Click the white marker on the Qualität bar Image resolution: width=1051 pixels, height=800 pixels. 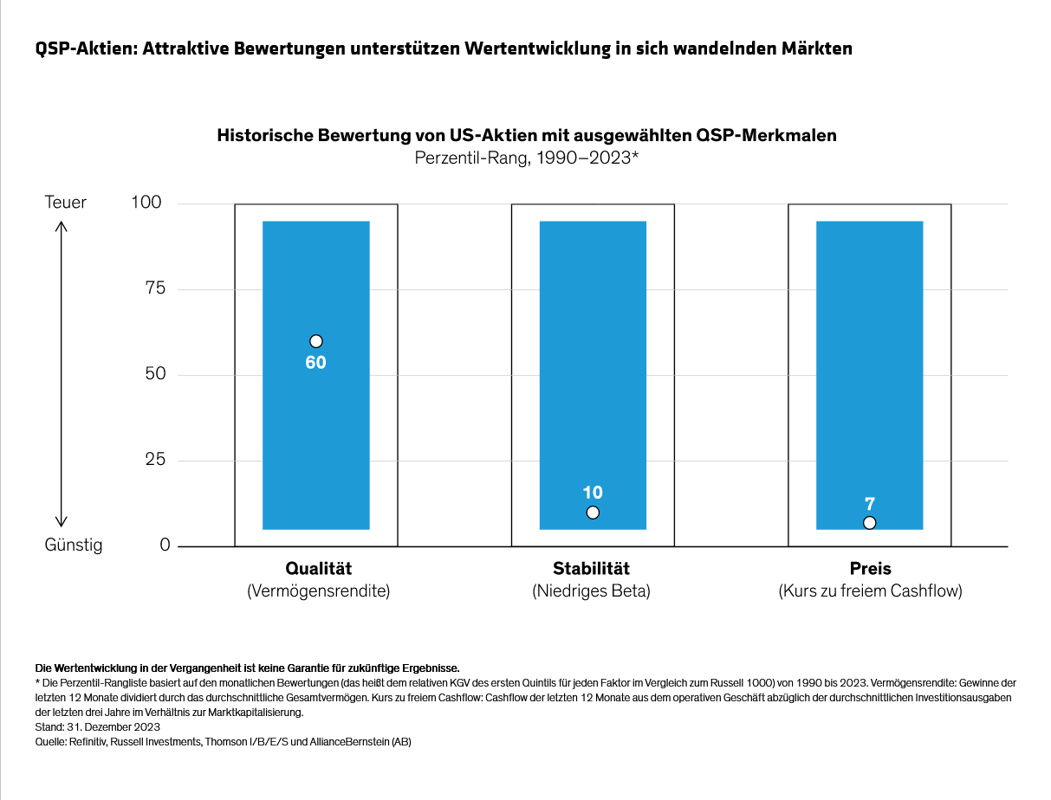316,341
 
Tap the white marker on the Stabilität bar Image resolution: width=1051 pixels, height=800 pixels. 593,513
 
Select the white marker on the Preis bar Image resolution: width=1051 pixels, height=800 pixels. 870,522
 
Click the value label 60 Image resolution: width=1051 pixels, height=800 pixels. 316,363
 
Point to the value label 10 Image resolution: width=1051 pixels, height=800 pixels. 593,493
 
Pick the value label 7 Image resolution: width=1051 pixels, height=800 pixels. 870,503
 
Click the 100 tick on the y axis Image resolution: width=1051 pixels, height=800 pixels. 146,203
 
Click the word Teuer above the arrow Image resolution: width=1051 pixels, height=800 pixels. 66,203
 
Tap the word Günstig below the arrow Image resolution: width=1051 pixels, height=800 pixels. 74,545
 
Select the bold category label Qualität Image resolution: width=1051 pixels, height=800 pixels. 318,569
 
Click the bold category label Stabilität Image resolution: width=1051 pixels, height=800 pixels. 592,569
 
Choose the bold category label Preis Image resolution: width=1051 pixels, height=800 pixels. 870,569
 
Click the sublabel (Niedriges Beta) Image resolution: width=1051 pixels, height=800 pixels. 592,592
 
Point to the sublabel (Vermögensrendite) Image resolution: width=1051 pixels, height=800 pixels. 318,592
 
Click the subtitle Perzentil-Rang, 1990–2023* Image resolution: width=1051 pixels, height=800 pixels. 526,158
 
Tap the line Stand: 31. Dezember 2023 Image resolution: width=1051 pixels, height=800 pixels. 98,727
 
